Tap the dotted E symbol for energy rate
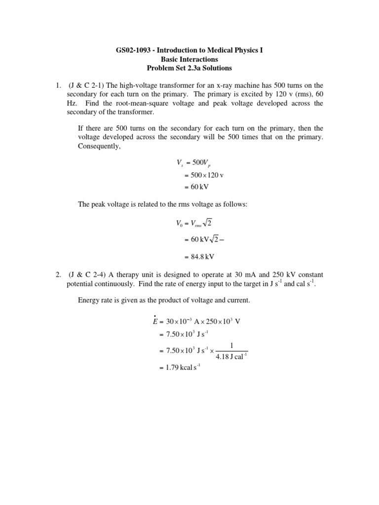point(155,321)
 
